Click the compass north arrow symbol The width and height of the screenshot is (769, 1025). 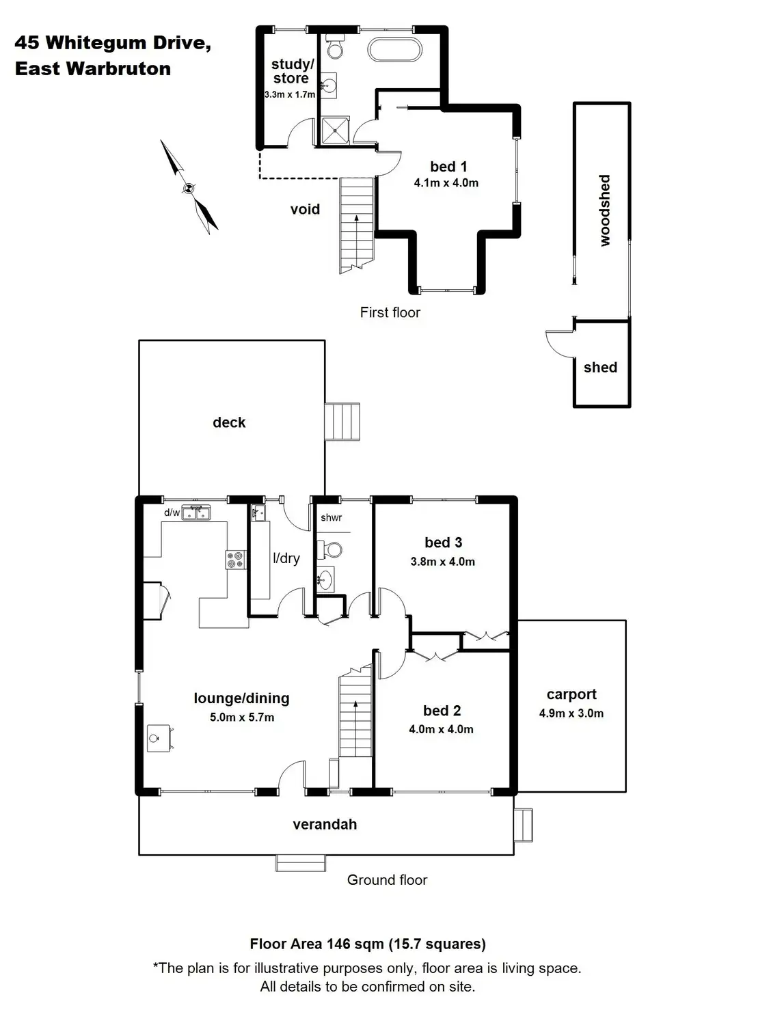pos(189,187)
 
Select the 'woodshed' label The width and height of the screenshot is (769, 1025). pos(604,210)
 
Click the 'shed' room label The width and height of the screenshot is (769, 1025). pos(600,368)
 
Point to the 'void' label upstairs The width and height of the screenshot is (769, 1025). pos(305,210)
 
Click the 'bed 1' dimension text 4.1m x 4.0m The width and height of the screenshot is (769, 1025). pos(446,183)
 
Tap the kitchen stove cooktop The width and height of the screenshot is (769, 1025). pos(235,560)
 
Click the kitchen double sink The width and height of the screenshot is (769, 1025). pos(196,512)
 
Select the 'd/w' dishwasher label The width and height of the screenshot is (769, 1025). pos(172,512)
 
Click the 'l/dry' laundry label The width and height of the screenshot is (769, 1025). pos(286,558)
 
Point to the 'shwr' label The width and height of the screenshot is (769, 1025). pos(332,518)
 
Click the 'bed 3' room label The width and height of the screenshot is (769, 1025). pos(443,543)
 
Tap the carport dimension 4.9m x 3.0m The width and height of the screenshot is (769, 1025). pos(571,713)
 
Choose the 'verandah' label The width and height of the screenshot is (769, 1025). pos(325,825)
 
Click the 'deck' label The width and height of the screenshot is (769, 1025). pos(229,422)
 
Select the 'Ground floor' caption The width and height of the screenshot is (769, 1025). pos(387,880)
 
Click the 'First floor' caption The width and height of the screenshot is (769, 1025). pos(390,312)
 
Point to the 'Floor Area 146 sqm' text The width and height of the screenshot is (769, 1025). pos(368,944)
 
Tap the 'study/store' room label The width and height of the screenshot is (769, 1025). pos(292,71)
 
